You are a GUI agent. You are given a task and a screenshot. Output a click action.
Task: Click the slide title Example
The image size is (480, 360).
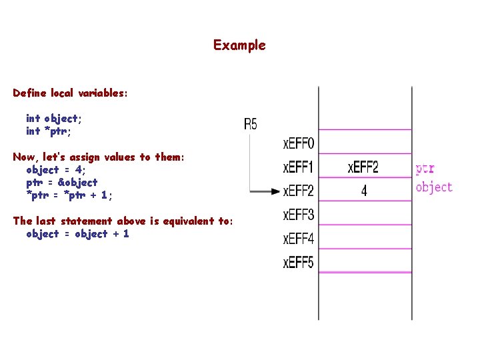coord(239,45)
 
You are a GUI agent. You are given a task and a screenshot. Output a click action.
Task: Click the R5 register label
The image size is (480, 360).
coord(250,123)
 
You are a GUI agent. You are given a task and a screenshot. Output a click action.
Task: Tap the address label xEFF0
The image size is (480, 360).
coord(299,143)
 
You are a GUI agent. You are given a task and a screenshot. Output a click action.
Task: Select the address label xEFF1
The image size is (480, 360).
coord(299,167)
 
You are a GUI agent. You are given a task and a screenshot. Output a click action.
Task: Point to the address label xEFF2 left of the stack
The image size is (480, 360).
coord(299,191)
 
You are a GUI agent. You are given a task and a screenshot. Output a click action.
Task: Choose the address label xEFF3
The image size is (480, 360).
coord(299,215)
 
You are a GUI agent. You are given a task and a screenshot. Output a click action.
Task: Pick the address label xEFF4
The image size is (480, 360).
coord(299,238)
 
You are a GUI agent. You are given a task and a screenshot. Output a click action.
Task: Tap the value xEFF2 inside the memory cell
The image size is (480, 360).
coord(363,167)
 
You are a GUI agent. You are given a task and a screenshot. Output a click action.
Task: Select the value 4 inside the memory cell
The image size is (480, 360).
coord(364,191)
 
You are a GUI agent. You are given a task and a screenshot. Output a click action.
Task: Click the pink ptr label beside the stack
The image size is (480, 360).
coord(425,169)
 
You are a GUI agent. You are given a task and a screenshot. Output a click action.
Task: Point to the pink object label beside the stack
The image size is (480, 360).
coord(434,187)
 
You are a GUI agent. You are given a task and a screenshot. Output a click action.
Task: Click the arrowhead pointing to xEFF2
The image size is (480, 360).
coord(275,192)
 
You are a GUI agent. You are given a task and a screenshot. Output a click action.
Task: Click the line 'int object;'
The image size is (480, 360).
coord(54,119)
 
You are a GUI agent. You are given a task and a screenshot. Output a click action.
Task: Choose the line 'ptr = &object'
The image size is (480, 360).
coord(61,182)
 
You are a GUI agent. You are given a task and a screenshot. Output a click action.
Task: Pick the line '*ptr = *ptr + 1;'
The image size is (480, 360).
coord(69,195)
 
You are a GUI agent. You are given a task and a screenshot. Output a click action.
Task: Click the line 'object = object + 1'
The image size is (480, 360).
coord(77,233)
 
